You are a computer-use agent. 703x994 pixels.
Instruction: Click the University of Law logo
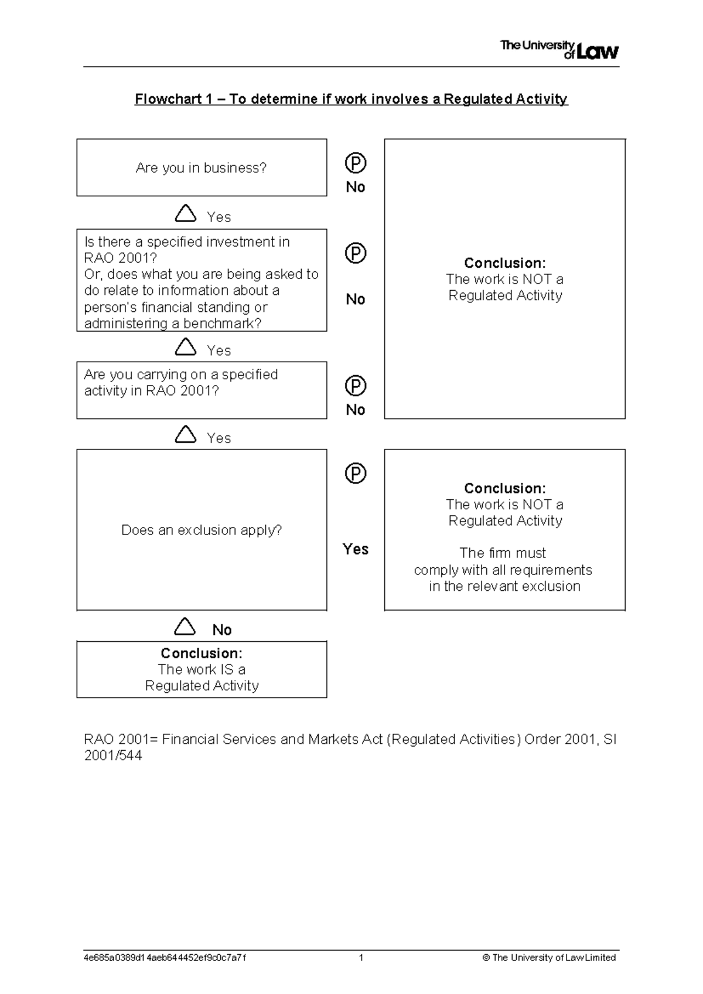pyautogui.click(x=559, y=50)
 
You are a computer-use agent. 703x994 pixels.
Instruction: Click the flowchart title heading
pyautogui.click(x=351, y=99)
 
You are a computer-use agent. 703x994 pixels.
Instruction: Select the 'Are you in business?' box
pyautogui.click(x=201, y=168)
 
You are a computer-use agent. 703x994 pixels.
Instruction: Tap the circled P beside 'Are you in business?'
pyautogui.click(x=355, y=163)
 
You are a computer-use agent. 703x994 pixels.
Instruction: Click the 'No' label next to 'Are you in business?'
pyautogui.click(x=355, y=187)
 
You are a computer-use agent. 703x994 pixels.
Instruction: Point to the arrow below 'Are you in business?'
pyautogui.click(x=185, y=213)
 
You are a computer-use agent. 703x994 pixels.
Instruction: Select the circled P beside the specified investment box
pyautogui.click(x=355, y=253)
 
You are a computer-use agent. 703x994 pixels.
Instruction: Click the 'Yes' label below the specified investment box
pyautogui.click(x=219, y=350)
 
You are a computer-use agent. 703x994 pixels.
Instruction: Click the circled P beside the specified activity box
pyautogui.click(x=355, y=386)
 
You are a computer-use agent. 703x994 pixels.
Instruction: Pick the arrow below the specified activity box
pyautogui.click(x=185, y=434)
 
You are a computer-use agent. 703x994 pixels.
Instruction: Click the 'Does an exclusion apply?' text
pyautogui.click(x=201, y=530)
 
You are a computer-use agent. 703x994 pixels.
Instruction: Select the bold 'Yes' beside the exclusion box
pyautogui.click(x=355, y=549)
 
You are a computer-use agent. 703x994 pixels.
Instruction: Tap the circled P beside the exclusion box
pyautogui.click(x=355, y=473)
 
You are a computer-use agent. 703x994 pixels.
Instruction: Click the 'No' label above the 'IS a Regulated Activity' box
pyautogui.click(x=221, y=630)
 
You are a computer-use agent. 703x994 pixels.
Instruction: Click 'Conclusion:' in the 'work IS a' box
pyautogui.click(x=201, y=653)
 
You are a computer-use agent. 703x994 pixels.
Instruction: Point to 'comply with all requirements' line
pyautogui.click(x=503, y=570)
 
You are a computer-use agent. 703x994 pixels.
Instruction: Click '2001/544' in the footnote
pyautogui.click(x=112, y=756)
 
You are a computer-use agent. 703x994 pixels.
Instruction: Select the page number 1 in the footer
pyautogui.click(x=361, y=958)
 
